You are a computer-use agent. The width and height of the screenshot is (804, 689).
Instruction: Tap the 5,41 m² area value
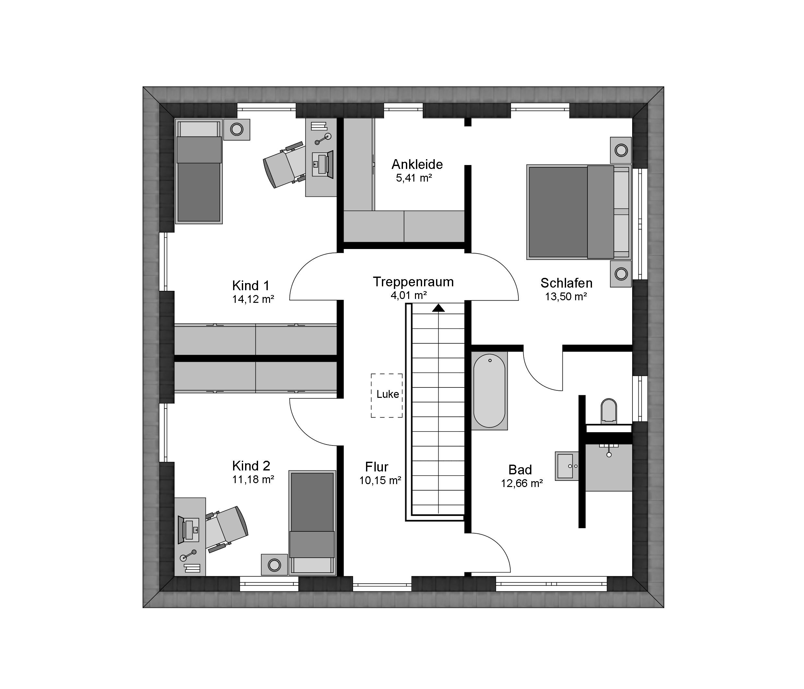(x=414, y=178)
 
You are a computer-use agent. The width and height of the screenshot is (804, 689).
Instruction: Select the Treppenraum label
(x=413, y=282)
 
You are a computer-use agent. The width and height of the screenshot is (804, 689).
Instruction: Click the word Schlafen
(x=566, y=283)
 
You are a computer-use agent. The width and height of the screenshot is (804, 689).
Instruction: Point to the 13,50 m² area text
(x=566, y=297)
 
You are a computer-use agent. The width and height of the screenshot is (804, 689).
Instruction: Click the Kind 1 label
(x=251, y=286)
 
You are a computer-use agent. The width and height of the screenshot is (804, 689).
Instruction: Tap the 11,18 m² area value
(x=253, y=480)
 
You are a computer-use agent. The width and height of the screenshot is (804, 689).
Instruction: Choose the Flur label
(x=377, y=467)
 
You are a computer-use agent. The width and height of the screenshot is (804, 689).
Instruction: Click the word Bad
(x=520, y=470)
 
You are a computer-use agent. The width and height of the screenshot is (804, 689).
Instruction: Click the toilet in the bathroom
(x=609, y=411)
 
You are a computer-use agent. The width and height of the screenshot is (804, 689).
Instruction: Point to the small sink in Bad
(x=566, y=466)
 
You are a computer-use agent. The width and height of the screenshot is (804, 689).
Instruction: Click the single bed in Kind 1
(x=199, y=171)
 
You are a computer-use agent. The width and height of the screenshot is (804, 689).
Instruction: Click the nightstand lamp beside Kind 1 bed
(x=237, y=129)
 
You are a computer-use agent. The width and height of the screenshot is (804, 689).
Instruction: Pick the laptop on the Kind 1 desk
(x=323, y=164)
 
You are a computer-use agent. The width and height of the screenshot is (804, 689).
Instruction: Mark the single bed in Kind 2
(x=313, y=523)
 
